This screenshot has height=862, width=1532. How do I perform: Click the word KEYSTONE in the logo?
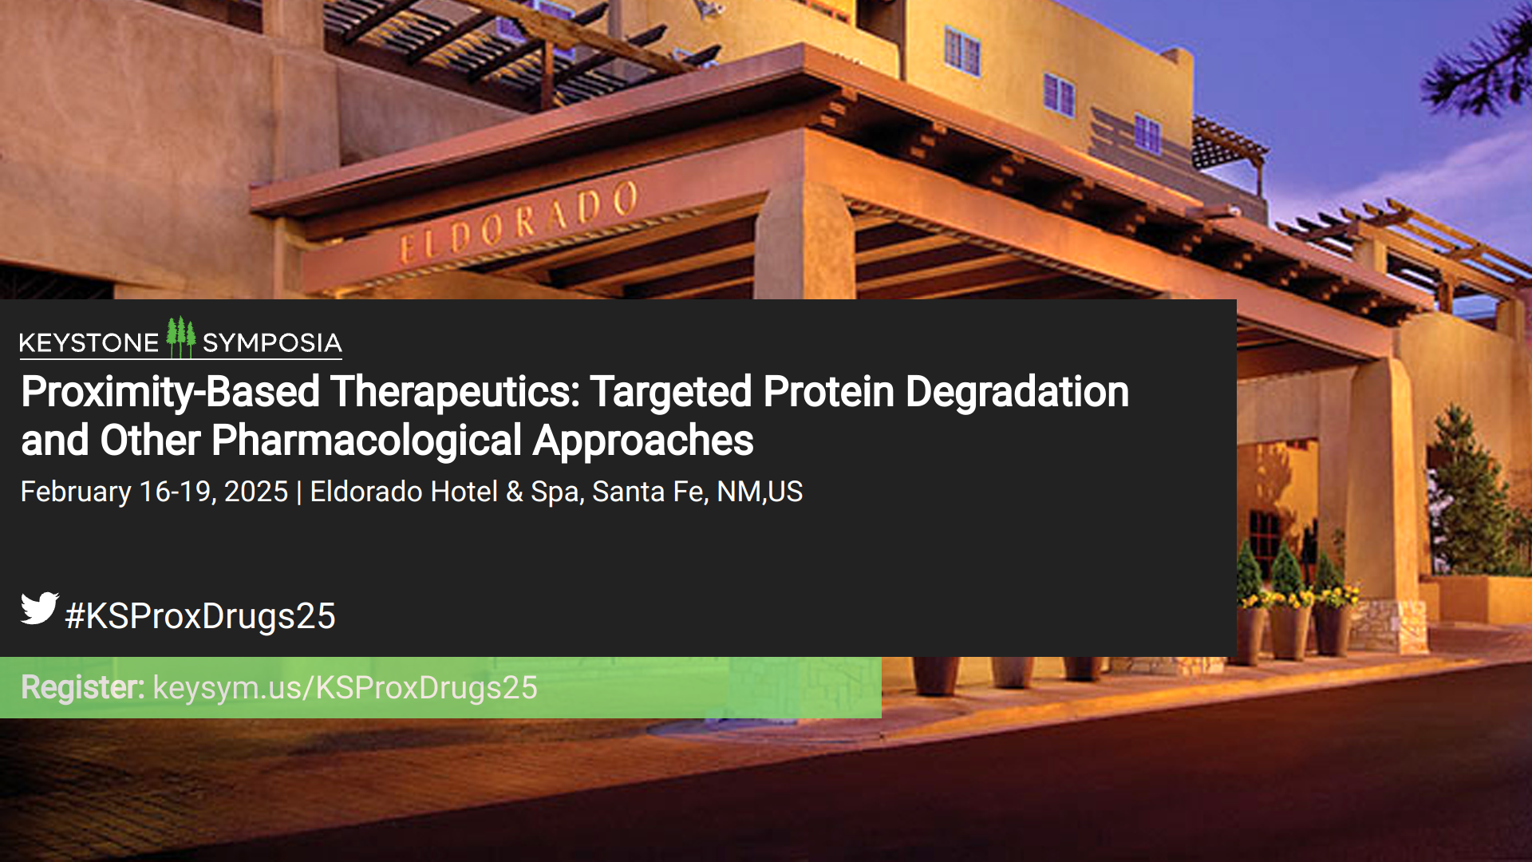coord(89,343)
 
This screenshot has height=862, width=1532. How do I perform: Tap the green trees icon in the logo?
coord(181,337)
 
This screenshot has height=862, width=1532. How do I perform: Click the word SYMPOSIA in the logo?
coord(272,343)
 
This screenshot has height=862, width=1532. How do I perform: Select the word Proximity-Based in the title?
coord(171,393)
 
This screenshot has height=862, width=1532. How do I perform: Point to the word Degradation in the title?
coord(1017,393)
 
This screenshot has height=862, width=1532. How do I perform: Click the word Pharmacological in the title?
coord(367,441)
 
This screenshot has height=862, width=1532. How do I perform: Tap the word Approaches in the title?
coord(643,441)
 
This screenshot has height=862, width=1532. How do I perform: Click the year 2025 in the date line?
coord(256,492)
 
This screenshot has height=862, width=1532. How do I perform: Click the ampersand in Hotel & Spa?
coord(515,492)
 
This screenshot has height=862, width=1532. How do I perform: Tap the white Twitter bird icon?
coord(40,608)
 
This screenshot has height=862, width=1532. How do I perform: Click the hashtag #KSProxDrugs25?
coord(200,616)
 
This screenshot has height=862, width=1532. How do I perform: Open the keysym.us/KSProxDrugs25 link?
coord(345,688)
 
